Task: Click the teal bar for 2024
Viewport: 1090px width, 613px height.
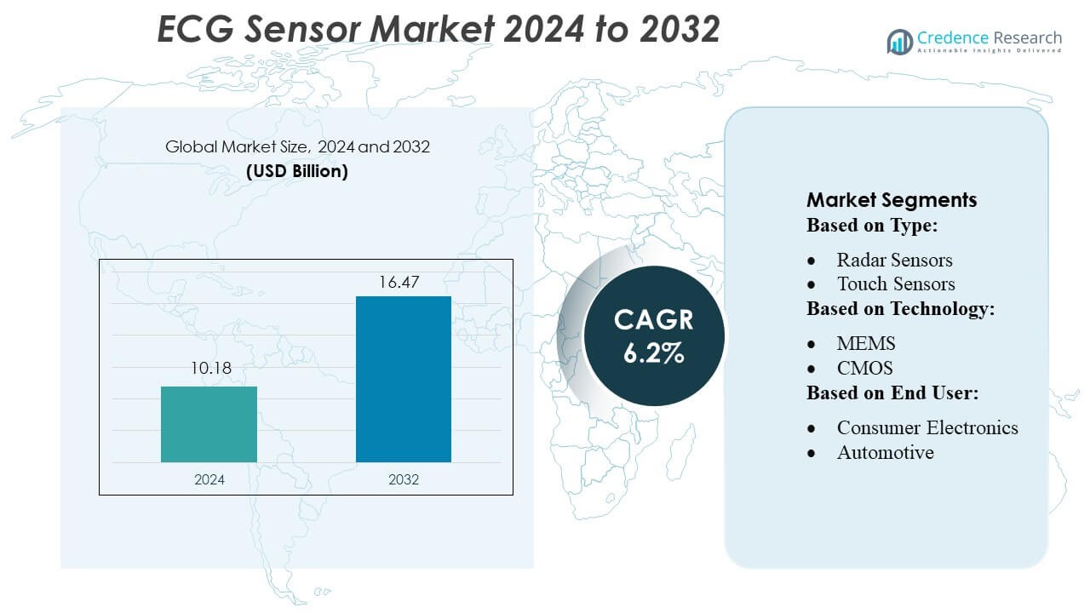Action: coord(209,424)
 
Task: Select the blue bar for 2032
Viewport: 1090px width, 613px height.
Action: coord(403,379)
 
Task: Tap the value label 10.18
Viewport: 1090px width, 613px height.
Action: coord(209,369)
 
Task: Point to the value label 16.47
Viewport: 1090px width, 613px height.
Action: coord(403,282)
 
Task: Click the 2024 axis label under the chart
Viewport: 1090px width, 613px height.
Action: coord(209,479)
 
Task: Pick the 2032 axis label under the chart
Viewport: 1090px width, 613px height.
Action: coord(404,479)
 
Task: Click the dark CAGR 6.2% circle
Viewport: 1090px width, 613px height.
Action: coord(653,335)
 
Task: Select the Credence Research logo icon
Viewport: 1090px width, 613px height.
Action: coord(899,42)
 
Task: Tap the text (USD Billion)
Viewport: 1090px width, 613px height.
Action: coord(297,171)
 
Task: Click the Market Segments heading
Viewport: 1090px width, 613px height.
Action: coord(892,200)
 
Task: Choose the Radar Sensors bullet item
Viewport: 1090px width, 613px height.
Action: coord(894,260)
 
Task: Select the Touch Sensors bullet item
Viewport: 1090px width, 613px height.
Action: coord(896,284)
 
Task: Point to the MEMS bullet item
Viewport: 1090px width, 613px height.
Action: coord(866,343)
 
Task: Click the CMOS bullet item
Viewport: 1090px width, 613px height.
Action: coord(865,368)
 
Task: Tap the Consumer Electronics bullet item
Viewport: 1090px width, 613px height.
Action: coord(927,427)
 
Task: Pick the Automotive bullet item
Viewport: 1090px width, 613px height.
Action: coord(885,452)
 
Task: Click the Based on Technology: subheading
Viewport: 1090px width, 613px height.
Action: coord(901,308)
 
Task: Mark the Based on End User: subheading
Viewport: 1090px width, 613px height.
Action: coord(892,392)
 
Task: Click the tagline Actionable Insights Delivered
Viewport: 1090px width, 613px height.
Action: coord(989,51)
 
